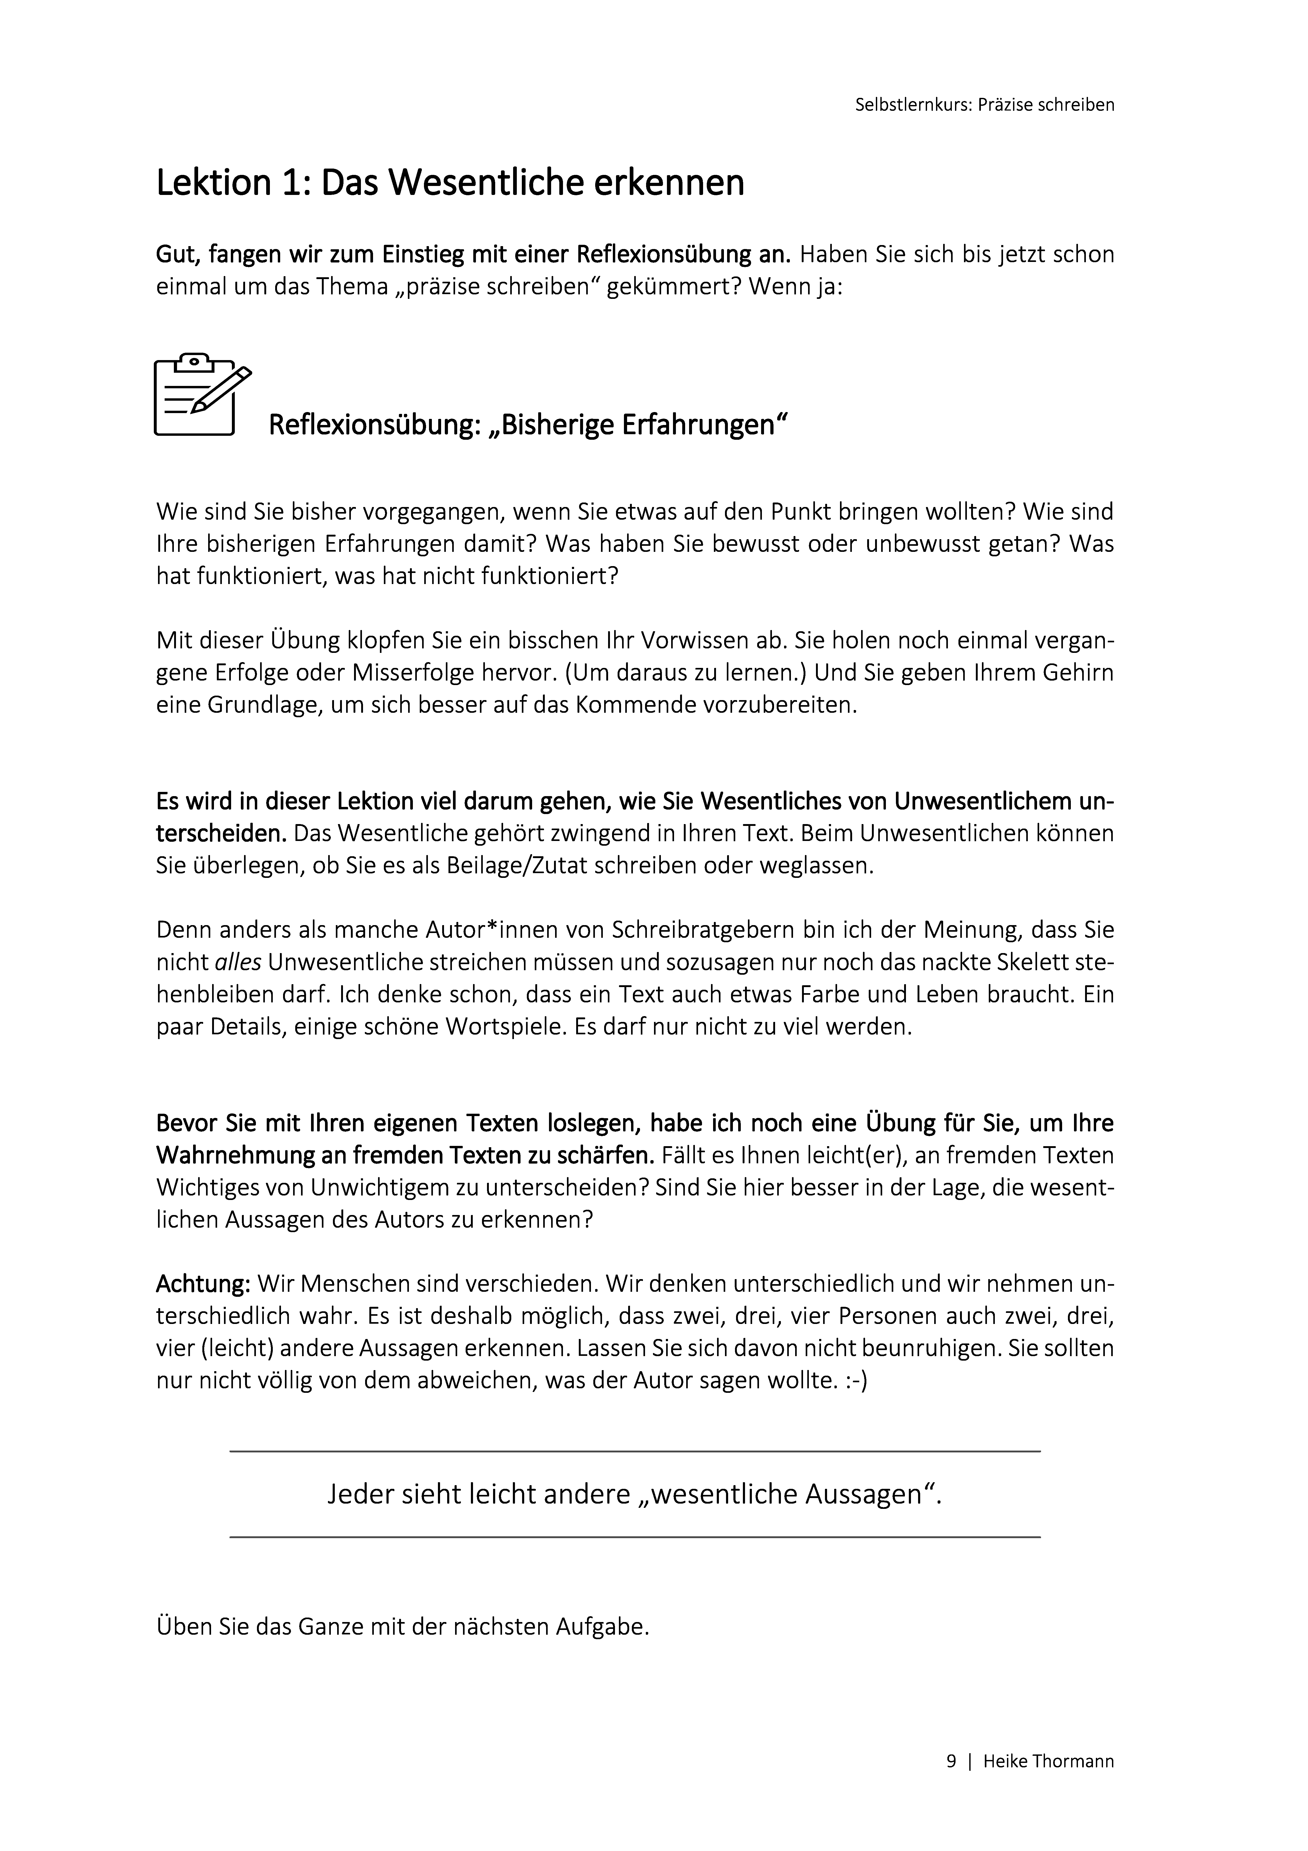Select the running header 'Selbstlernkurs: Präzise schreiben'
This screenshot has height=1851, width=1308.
pyautogui.click(x=985, y=105)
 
